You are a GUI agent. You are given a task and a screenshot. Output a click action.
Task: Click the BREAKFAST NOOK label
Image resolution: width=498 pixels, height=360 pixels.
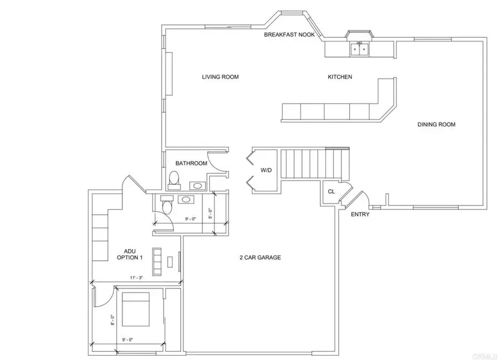[289, 35]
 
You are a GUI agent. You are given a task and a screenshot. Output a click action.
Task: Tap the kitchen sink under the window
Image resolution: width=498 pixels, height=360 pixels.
[360, 50]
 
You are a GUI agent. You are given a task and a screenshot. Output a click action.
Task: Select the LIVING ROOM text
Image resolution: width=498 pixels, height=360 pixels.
[220, 77]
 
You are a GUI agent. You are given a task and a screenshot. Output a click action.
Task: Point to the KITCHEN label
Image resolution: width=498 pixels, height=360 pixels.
[340, 77]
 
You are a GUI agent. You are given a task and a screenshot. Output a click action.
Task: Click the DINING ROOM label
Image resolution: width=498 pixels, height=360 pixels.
[436, 125]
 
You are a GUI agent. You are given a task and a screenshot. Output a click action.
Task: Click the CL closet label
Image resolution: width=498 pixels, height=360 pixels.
[331, 192]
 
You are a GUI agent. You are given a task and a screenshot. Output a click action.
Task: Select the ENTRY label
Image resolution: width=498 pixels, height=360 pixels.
[360, 214]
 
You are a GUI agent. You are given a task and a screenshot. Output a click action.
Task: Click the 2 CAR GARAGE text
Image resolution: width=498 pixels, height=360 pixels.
[260, 258]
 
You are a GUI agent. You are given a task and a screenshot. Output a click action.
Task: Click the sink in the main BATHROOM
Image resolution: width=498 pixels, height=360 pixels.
[196, 185]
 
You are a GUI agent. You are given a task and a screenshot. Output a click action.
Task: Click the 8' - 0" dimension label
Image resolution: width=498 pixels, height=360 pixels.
[112, 320]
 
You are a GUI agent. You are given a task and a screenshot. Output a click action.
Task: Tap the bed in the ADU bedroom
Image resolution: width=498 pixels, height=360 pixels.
[135, 309]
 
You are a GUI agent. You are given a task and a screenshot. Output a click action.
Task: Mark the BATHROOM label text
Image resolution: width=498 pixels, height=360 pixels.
[191, 163]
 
